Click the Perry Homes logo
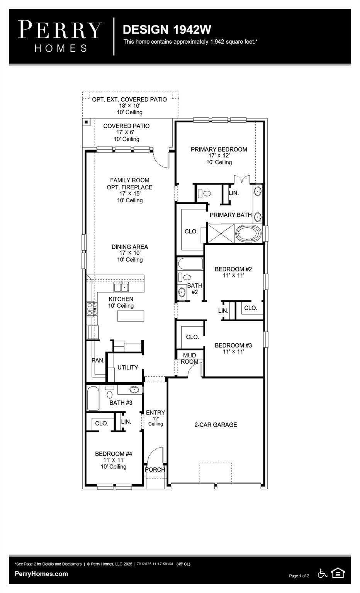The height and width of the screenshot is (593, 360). click(60, 36)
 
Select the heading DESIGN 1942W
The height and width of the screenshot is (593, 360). click(167, 29)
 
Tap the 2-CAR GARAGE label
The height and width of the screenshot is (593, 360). click(216, 425)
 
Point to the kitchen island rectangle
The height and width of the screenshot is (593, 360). click(131, 316)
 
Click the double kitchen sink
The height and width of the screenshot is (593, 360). click(121, 287)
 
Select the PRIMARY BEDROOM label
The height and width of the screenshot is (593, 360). click(219, 149)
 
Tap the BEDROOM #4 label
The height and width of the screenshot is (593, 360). click(114, 454)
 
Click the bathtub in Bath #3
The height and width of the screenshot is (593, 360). click(93, 398)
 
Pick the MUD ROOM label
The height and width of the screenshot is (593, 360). click(189, 358)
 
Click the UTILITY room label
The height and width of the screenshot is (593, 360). click(127, 368)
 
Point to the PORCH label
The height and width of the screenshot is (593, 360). click(155, 470)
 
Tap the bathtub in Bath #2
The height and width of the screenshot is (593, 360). click(190, 264)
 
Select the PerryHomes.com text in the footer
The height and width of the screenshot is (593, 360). click(41, 574)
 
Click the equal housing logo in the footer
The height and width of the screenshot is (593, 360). click(338, 573)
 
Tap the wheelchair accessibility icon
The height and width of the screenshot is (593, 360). click(322, 573)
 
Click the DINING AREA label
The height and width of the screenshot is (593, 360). click(130, 247)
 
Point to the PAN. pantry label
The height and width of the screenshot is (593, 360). click(98, 361)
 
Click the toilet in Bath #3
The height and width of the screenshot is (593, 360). click(110, 393)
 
